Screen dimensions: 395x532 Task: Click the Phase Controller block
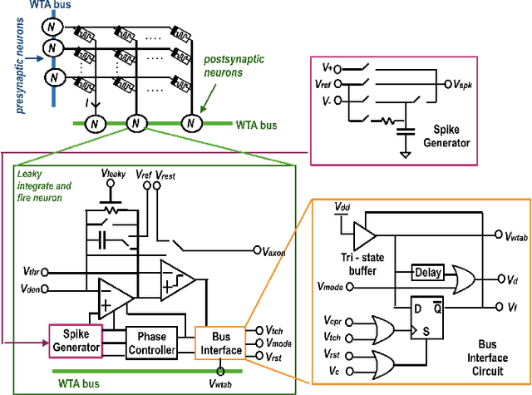(x=152, y=344)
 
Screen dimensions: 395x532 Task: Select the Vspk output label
(x=463, y=86)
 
